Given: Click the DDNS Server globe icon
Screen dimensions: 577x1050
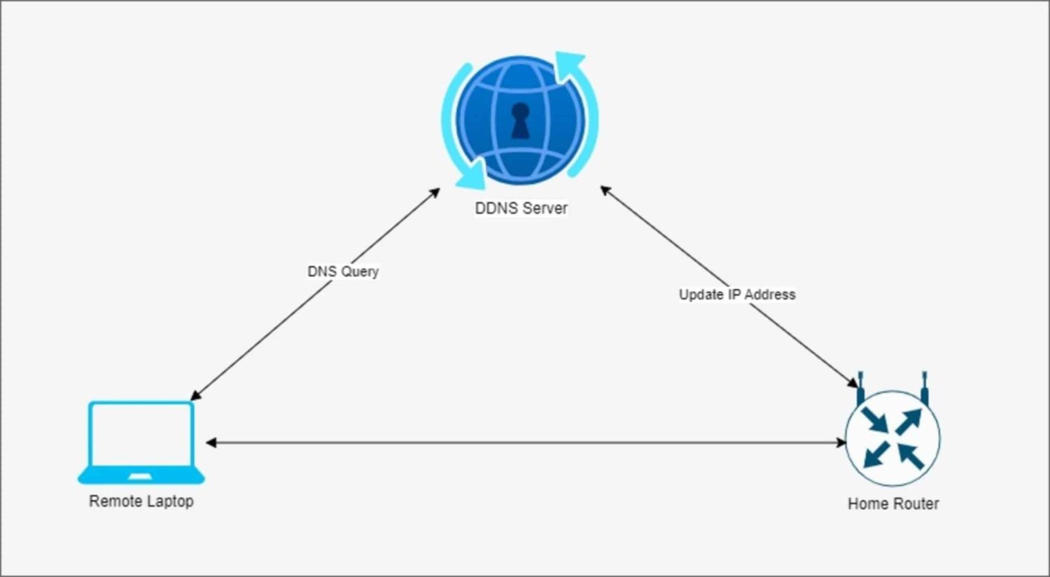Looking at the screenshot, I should point(520,120).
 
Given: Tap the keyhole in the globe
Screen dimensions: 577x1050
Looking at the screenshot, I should point(520,120).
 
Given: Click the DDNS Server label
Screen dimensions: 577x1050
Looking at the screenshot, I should point(521,208).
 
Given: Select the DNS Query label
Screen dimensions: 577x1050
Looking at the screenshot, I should point(343,271).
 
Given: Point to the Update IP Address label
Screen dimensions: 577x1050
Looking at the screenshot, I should point(737,294).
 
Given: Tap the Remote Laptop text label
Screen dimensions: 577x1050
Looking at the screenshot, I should point(141,501).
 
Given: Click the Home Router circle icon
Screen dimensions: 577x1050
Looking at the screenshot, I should point(892,438).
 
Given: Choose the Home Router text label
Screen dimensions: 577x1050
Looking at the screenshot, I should point(893,503).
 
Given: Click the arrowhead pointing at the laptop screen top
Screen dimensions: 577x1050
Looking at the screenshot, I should point(195,396).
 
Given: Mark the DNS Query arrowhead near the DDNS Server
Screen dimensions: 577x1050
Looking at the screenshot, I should point(435,192).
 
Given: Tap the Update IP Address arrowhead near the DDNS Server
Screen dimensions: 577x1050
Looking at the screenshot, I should point(605,190).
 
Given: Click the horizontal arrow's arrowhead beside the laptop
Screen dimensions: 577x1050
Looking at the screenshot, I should point(211,443).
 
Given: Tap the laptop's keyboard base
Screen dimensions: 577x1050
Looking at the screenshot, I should point(141,477).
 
